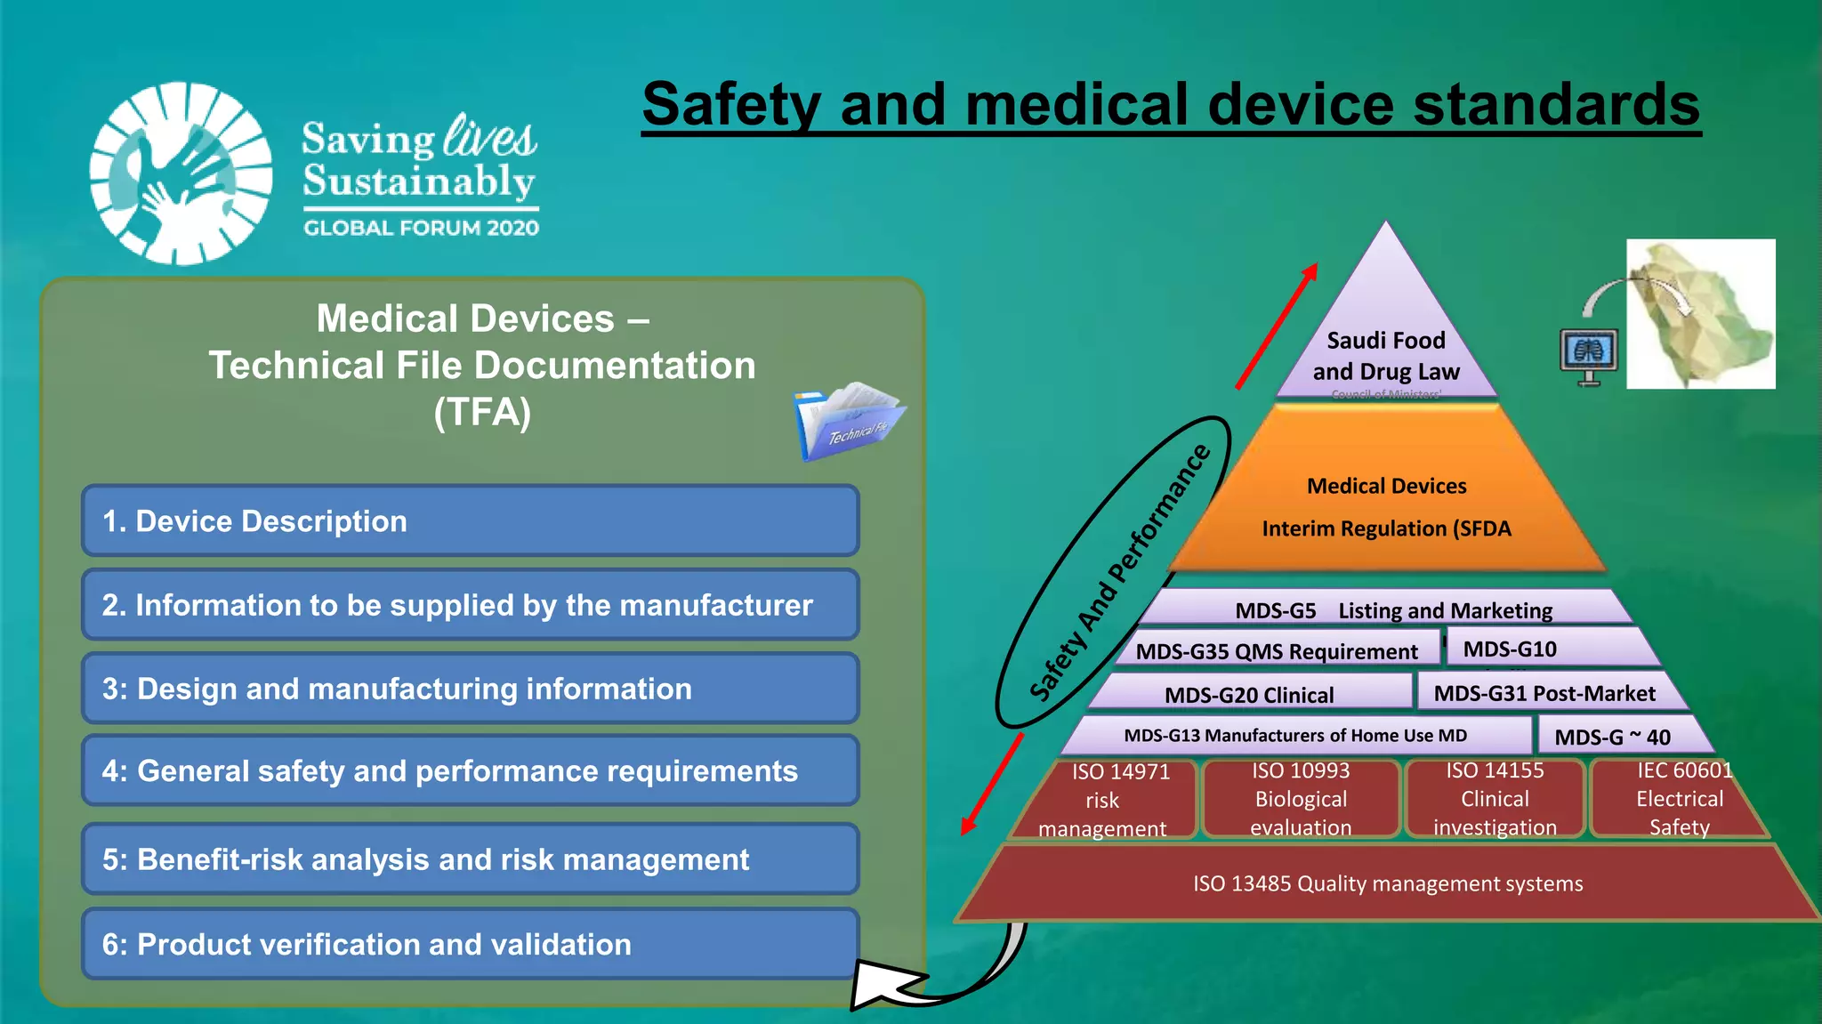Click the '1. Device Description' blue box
(470, 520)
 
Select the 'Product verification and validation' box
(470, 944)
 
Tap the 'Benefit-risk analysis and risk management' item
(470, 859)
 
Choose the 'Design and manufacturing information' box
(470, 689)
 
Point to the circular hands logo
(181, 173)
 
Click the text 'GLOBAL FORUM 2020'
(421, 228)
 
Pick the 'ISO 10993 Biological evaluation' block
(1301, 799)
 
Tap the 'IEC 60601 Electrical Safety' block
(1678, 799)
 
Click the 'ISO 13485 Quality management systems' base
(1388, 883)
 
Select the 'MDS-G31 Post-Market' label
(1544, 693)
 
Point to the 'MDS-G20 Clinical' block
(1249, 694)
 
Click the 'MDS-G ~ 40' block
(1612, 737)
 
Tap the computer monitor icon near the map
(1589, 355)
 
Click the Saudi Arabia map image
(1700, 314)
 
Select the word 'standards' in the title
(1556, 104)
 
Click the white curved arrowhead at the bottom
(881, 984)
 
